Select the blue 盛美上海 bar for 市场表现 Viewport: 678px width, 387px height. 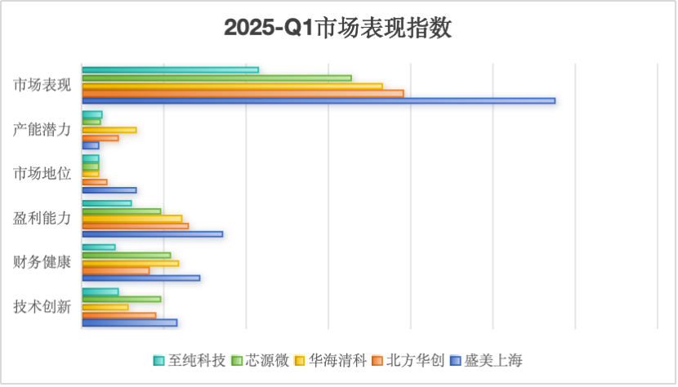[x=319, y=101]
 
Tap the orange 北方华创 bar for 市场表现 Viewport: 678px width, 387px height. [x=243, y=93]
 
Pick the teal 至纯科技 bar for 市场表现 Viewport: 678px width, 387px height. [x=170, y=69]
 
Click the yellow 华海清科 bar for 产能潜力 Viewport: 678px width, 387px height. [x=109, y=130]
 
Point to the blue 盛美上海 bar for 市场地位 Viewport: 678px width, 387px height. [x=109, y=190]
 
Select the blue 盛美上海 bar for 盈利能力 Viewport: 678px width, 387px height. [x=152, y=234]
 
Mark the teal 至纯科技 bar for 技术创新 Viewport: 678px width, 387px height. [x=100, y=291]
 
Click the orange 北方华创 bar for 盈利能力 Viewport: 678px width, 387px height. [x=135, y=226]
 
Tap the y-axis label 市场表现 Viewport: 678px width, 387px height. [x=42, y=85]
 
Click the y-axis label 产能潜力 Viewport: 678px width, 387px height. [x=42, y=129]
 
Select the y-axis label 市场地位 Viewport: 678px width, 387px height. [x=42, y=173]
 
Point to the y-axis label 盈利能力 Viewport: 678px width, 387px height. [x=42, y=218]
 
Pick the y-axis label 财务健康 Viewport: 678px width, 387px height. [x=42, y=262]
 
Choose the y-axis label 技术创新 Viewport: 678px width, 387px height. [x=42, y=307]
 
